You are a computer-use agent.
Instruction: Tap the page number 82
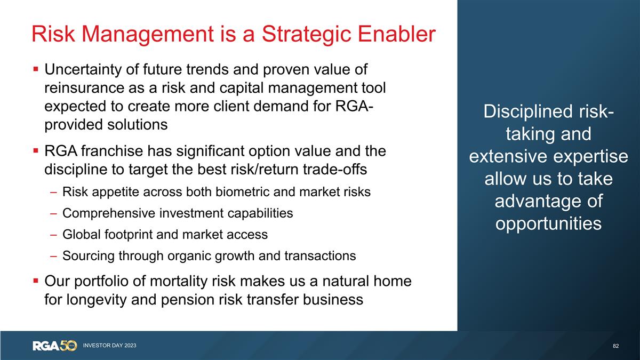pyautogui.click(x=616, y=346)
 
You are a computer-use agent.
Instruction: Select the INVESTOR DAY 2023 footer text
pyautogui.click(x=109, y=346)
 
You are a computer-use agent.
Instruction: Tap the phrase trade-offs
pyautogui.click(x=329, y=169)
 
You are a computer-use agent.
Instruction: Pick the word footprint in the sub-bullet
pyautogui.click(x=122, y=235)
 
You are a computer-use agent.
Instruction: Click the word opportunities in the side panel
pyautogui.click(x=548, y=223)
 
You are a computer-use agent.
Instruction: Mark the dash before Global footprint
pyautogui.click(x=54, y=235)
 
